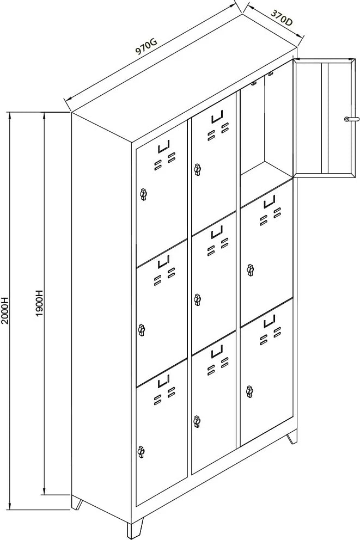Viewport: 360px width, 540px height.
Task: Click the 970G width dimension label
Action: [x=146, y=46]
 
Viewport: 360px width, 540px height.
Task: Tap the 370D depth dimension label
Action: [x=282, y=17]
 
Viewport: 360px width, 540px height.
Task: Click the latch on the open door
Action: [x=351, y=119]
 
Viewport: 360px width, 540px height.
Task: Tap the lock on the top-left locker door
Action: [x=143, y=194]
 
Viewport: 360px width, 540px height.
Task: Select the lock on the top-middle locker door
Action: [x=197, y=169]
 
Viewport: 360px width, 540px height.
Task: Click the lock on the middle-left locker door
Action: [x=141, y=329]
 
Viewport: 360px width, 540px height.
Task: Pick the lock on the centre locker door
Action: [x=197, y=299]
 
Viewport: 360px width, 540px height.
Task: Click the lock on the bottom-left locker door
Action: [x=141, y=451]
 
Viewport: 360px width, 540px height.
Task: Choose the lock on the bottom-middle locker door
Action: [x=197, y=421]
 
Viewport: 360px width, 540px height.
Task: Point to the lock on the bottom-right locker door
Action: [x=250, y=391]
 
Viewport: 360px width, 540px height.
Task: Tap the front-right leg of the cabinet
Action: [x=292, y=437]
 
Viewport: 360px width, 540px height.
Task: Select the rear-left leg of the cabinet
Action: [x=77, y=502]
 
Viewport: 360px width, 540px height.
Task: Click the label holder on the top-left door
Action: [x=164, y=147]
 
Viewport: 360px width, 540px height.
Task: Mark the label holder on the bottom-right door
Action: [x=270, y=321]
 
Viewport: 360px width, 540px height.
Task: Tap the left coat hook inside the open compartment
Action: [x=254, y=83]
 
